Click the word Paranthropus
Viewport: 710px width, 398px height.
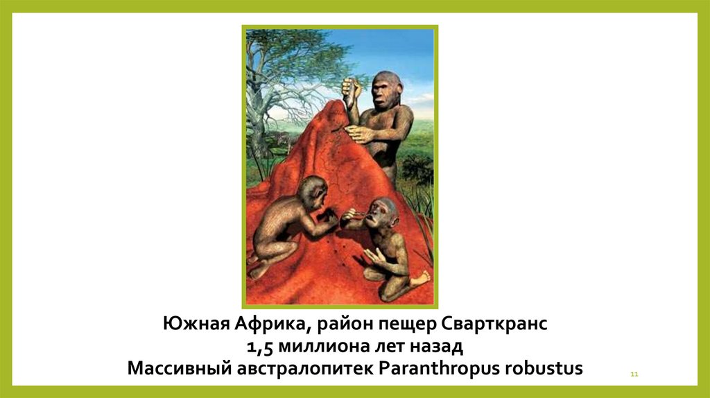(439, 367)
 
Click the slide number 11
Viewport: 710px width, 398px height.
(634, 375)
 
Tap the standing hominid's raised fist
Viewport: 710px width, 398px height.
(350, 87)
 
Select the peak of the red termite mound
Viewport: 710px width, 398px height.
(335, 106)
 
